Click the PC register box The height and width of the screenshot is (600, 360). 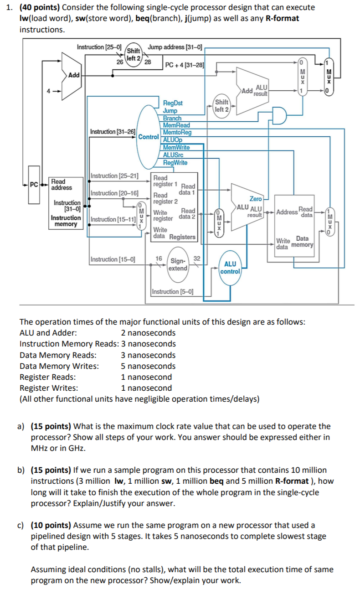click(34, 185)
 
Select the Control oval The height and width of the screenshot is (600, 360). click(148, 137)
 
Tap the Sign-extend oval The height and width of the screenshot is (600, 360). click(178, 264)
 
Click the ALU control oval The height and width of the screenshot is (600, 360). click(230, 268)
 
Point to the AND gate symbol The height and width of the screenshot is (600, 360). click(279, 115)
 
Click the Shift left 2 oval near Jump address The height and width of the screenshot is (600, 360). click(134, 55)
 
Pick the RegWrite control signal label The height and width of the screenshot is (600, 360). click(175, 163)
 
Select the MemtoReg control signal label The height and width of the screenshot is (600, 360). click(177, 132)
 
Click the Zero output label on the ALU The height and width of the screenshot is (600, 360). click(256, 199)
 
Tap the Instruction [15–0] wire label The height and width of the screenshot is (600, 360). click(113, 259)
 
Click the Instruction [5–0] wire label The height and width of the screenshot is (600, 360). click(173, 291)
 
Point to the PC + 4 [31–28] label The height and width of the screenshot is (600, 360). click(185, 65)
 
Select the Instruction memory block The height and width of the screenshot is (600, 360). click(66, 203)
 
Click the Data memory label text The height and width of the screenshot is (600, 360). click(302, 242)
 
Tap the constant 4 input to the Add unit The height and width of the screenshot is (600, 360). click(48, 91)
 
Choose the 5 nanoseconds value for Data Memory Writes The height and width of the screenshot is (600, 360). click(148, 366)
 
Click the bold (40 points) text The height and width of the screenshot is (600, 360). click(40, 7)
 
